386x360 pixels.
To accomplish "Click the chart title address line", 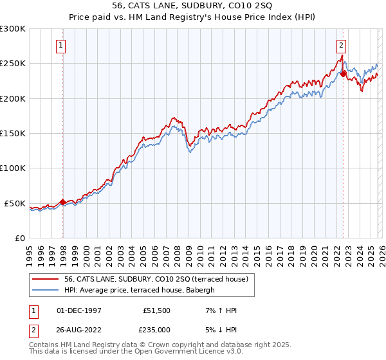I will click(193, 5).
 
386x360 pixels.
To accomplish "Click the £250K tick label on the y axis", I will click(13, 64).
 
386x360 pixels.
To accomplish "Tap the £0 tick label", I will click(20, 238).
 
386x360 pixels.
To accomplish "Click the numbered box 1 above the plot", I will click(60, 45).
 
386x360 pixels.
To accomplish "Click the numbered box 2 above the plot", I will click(340, 45).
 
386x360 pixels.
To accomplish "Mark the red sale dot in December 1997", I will click(62, 202).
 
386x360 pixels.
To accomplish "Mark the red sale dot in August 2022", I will click(343, 74).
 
